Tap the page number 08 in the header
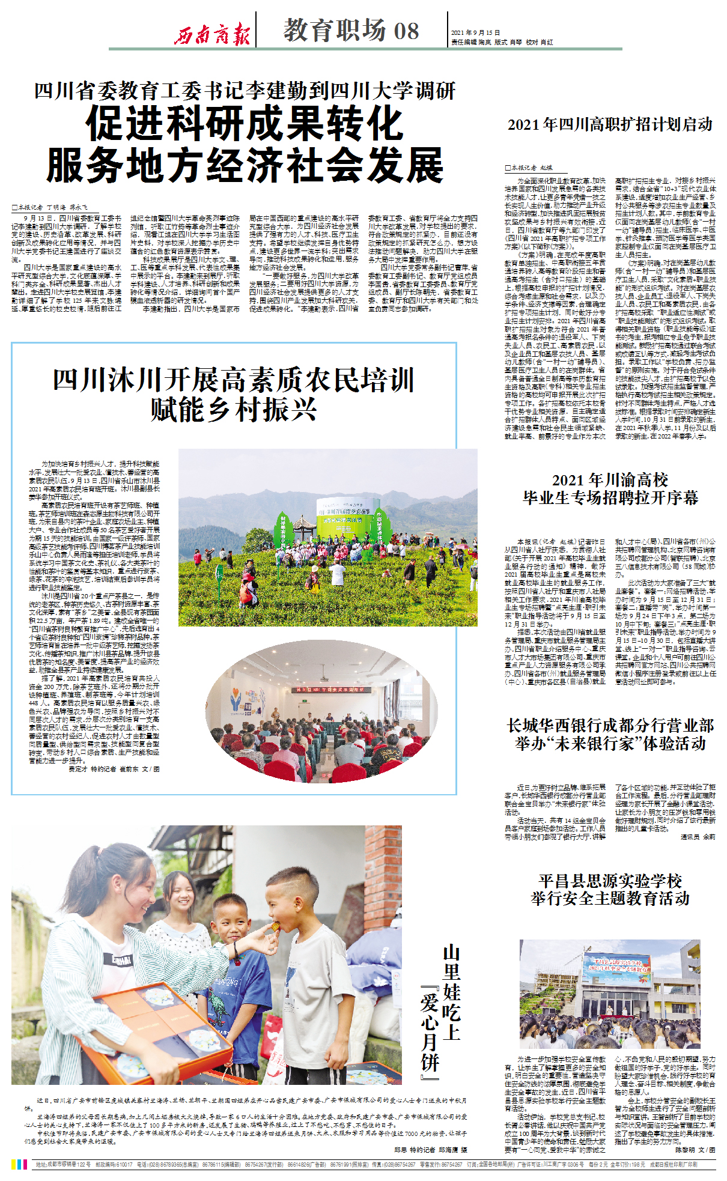(406, 31)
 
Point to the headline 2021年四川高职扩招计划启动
(610, 124)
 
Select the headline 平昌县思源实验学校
(610, 881)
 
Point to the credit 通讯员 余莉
(698, 837)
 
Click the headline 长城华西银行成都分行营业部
(610, 726)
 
